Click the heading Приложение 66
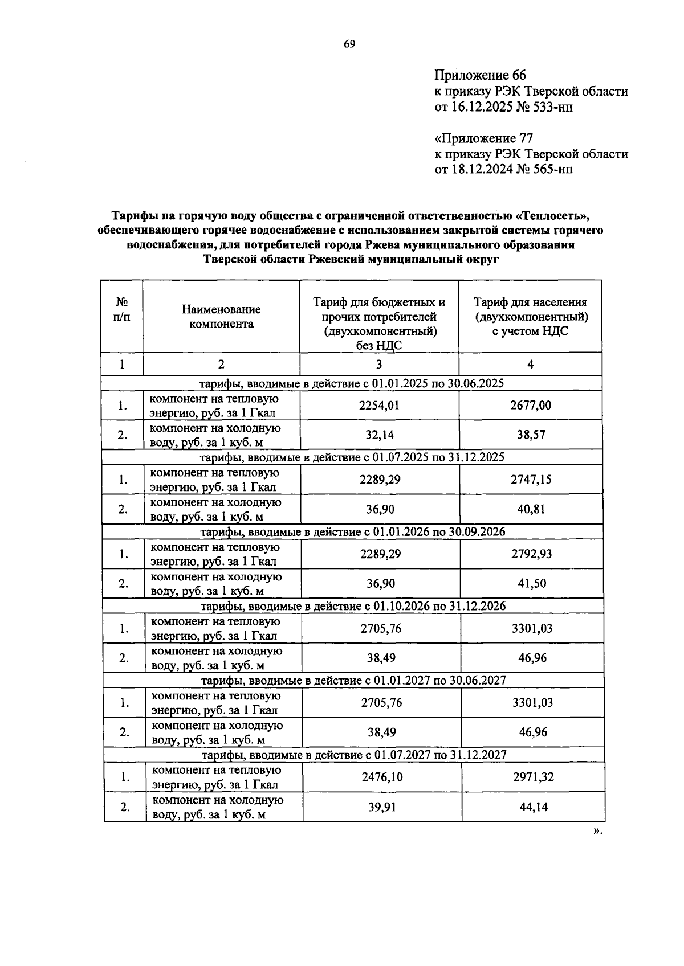(x=480, y=76)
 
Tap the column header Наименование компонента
(x=221, y=317)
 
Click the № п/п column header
(x=121, y=310)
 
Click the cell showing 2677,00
(x=531, y=406)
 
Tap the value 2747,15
(x=531, y=480)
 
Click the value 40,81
(x=531, y=509)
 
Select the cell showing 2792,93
(x=531, y=554)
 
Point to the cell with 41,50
(x=531, y=583)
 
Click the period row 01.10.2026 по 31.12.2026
(x=353, y=606)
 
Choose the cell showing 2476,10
(x=381, y=777)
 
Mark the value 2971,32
(x=533, y=777)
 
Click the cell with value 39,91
(x=381, y=807)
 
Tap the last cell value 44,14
(x=533, y=807)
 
